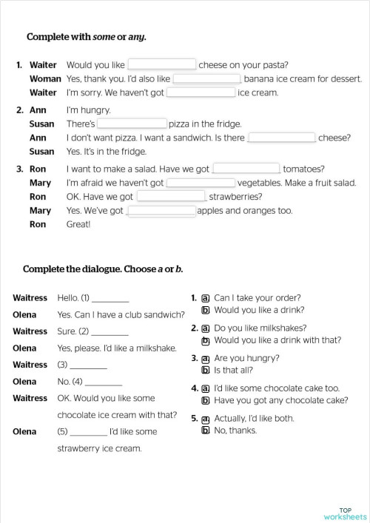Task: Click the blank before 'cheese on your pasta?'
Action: click(162, 64)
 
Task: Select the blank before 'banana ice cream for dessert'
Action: click(206, 78)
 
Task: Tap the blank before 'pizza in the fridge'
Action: click(132, 124)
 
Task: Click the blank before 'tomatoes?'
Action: click(246, 169)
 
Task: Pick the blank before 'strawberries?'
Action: click(171, 197)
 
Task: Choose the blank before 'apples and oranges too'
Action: click(162, 211)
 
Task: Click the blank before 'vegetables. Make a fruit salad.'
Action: click(201, 183)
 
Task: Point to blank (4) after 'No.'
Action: click(104, 382)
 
